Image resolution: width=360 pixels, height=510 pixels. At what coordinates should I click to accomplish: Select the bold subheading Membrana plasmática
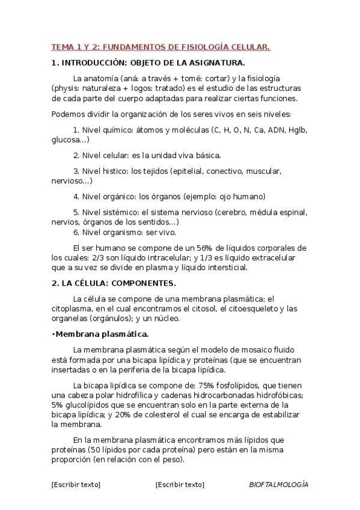tap(102, 334)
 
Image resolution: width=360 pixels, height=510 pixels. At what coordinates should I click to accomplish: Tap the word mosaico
tap(253, 349)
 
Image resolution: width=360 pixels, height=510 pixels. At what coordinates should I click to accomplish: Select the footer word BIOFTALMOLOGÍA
tap(278, 484)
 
